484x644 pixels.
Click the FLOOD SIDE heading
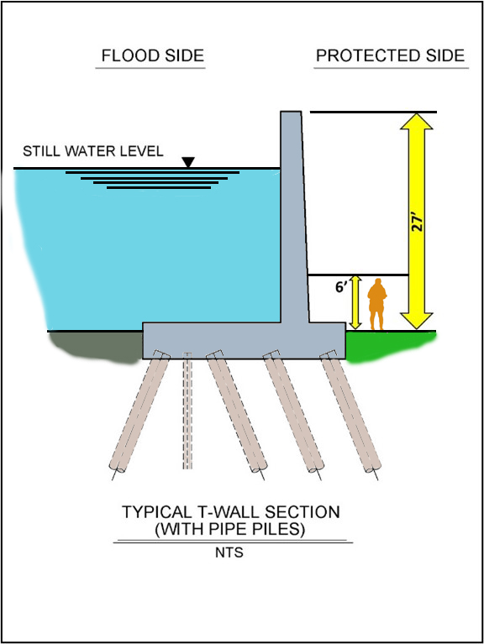click(x=152, y=55)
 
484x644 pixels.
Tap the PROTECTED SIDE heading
click(x=391, y=55)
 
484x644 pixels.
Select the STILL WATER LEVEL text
click(x=93, y=151)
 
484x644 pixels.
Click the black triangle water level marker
click(x=188, y=162)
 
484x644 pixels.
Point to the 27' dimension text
click(x=417, y=222)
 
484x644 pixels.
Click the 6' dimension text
click(x=341, y=287)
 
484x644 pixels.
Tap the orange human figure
click(x=376, y=304)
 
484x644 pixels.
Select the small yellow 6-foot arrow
click(x=355, y=302)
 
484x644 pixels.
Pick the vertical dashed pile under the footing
click(x=187, y=411)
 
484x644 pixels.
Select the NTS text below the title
click(x=229, y=552)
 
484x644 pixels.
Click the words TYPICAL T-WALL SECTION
click(x=231, y=511)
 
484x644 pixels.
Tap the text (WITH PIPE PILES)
click(x=230, y=529)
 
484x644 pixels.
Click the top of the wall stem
click(x=291, y=112)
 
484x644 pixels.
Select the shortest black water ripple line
click(x=159, y=188)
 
